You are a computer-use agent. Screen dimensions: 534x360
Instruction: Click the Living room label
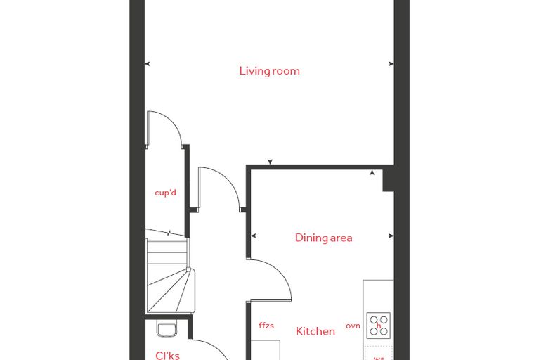tap(269, 71)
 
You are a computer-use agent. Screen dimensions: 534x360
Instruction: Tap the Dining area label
tap(323, 238)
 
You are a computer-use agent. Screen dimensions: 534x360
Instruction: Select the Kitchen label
tap(315, 331)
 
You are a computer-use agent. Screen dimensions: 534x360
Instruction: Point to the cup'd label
tap(166, 193)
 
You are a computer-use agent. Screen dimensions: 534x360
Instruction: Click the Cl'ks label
tap(167, 356)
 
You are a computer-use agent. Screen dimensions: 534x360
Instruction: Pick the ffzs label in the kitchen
tap(266, 326)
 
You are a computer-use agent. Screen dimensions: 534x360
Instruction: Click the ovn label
tap(353, 326)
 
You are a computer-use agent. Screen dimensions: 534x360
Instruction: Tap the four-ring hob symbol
tap(379, 326)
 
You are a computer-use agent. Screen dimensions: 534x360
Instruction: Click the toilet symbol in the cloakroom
tap(167, 328)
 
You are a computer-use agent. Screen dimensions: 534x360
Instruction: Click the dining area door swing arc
tap(281, 273)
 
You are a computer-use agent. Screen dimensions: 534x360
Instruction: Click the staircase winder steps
tap(170, 290)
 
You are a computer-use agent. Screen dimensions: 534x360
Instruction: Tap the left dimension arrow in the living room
tap(147, 64)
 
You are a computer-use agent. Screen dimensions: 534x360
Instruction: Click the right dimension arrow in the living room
tap(391, 64)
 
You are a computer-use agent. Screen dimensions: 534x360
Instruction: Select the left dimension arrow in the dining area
tap(253, 236)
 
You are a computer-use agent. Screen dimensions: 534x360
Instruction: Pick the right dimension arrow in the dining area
tap(391, 236)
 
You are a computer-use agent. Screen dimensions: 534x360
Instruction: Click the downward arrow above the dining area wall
tap(270, 162)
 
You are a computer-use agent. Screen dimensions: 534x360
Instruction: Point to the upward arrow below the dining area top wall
tap(372, 172)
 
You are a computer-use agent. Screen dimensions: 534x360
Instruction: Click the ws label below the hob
tap(379, 358)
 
